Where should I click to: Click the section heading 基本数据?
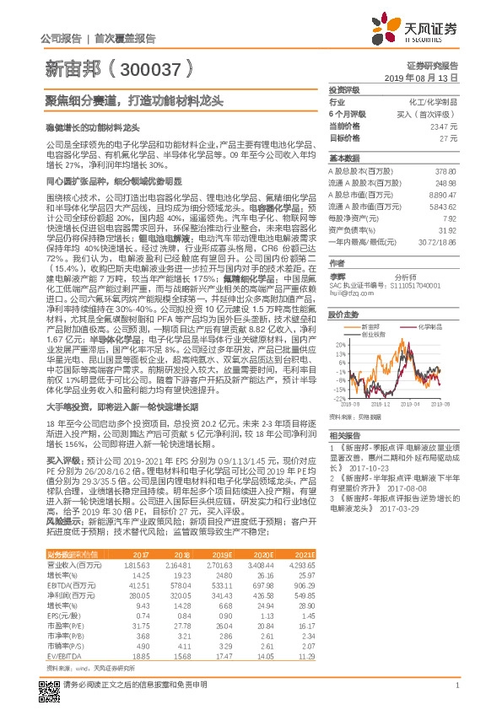coord(343,159)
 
